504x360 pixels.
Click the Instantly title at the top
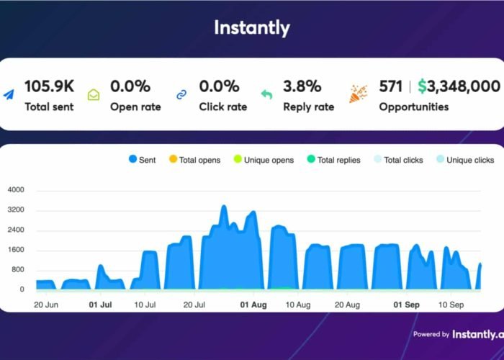tap(251, 28)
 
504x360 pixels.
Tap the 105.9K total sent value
tap(49, 86)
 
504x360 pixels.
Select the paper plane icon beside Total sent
tap(9, 94)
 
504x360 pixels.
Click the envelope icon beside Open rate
tap(94, 94)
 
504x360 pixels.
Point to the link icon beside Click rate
tap(182, 94)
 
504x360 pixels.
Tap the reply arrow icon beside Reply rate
tap(266, 94)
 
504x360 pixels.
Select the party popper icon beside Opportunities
tap(359, 94)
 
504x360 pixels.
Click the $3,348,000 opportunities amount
tap(459, 86)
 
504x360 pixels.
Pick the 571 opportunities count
tap(390, 86)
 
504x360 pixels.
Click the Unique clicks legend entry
tap(465, 160)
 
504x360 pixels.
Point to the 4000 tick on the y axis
tap(16, 191)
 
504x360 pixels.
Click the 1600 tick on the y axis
tap(16, 251)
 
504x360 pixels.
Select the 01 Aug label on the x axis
tap(253, 305)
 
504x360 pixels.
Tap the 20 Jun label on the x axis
tap(45, 305)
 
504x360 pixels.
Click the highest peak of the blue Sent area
tap(223, 207)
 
